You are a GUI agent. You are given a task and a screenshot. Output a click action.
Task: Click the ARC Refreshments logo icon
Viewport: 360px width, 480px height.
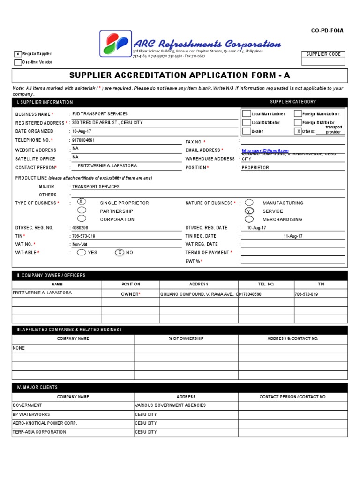click(x=114, y=44)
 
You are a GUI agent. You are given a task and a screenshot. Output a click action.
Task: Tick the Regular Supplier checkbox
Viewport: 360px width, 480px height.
click(x=18, y=54)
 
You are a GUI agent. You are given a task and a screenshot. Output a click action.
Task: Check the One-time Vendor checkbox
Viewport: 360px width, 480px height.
click(x=18, y=62)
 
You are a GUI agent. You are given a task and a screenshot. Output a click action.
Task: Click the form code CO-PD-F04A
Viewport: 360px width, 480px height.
click(x=328, y=31)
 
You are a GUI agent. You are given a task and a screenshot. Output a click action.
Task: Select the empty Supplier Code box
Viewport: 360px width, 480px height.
click(x=323, y=61)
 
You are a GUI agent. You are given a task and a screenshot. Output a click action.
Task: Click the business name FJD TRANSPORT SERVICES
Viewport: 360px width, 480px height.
click(x=100, y=114)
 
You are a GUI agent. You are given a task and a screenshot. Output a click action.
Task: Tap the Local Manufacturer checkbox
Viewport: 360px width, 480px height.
click(x=246, y=114)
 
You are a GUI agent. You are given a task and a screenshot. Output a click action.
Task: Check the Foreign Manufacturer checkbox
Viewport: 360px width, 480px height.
click(x=298, y=114)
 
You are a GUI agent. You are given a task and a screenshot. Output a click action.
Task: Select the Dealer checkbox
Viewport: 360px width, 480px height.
click(x=246, y=131)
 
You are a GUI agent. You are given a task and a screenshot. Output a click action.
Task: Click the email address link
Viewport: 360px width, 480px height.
click(x=265, y=150)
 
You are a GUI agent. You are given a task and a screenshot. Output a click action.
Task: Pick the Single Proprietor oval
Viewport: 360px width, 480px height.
click(x=82, y=202)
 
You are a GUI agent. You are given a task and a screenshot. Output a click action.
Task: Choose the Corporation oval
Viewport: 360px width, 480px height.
click(x=82, y=218)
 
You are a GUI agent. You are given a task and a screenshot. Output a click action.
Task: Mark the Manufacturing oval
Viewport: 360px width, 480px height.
click(x=249, y=202)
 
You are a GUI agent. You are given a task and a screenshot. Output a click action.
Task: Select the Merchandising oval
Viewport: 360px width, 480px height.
click(x=249, y=219)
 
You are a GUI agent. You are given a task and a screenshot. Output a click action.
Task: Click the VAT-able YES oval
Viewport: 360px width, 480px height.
click(x=82, y=252)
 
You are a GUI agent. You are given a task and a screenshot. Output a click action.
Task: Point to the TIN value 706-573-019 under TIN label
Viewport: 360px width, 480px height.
click(x=83, y=236)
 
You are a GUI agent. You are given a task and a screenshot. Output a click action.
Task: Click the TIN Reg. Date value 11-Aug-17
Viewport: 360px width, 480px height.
click(x=293, y=236)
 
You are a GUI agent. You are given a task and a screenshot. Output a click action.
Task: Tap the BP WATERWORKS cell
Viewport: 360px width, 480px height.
click(x=31, y=414)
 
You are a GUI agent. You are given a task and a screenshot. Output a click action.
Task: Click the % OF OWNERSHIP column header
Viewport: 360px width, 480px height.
click(x=186, y=338)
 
